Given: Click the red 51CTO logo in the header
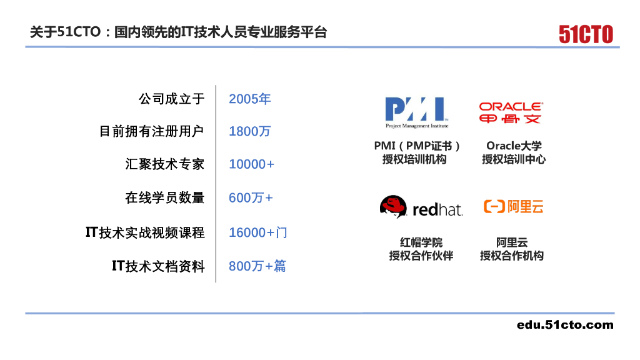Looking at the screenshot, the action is [x=586, y=34].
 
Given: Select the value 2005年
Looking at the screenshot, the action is [x=249, y=99].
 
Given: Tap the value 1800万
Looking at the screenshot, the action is [x=249, y=132].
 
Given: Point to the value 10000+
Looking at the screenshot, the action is [x=251, y=164].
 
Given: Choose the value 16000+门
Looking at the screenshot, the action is [x=258, y=232].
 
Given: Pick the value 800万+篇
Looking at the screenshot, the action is [x=257, y=266].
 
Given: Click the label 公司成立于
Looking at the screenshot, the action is [x=171, y=99].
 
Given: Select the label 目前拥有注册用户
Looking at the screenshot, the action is [x=152, y=132].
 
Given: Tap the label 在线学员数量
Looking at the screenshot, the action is [x=164, y=198].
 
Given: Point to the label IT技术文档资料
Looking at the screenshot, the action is [x=158, y=266].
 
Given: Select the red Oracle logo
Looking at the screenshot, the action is [x=511, y=112].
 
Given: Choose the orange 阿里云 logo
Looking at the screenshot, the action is [x=513, y=206].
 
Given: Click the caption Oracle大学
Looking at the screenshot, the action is [x=514, y=146].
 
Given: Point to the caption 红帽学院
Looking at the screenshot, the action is [x=421, y=242].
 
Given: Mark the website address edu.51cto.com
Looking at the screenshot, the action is [x=565, y=324].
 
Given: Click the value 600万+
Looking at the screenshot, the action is [x=251, y=198].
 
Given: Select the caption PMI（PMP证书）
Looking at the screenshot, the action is [x=417, y=146].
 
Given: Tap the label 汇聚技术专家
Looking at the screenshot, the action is [x=164, y=165].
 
